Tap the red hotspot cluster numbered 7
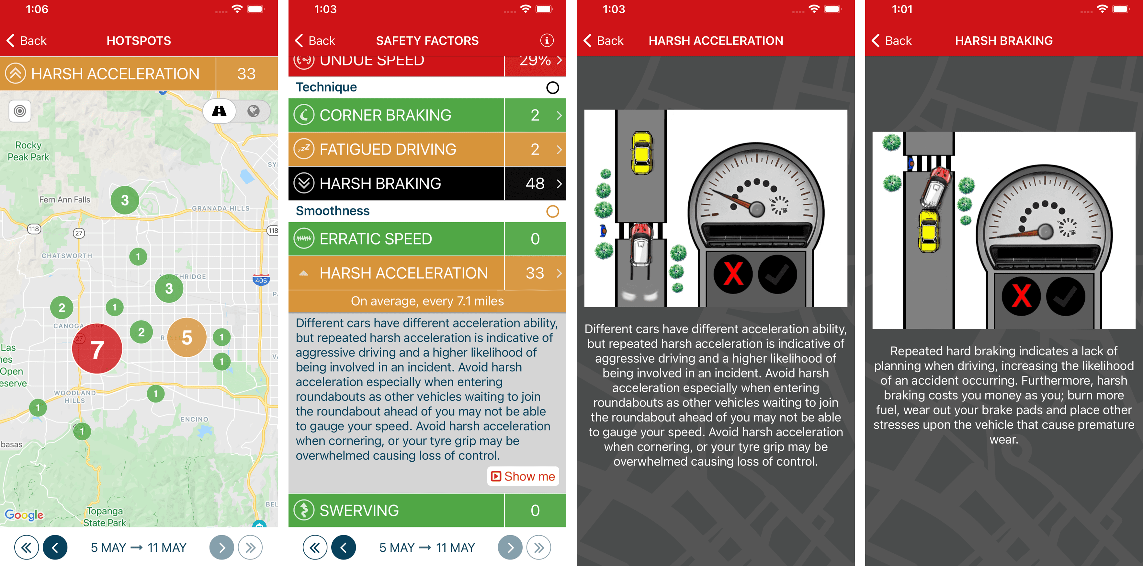click(x=97, y=349)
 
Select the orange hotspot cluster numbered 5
click(x=187, y=337)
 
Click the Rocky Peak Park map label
click(x=28, y=151)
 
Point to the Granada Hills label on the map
click(x=221, y=208)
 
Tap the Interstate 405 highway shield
click(x=261, y=280)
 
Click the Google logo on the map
click(x=24, y=515)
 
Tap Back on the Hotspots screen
click(x=27, y=41)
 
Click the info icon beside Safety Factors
click(x=547, y=41)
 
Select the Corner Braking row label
click(x=385, y=115)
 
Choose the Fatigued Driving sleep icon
click(x=304, y=149)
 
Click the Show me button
click(x=523, y=476)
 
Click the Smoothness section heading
click(x=333, y=211)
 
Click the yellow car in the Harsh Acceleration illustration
click(x=642, y=152)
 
